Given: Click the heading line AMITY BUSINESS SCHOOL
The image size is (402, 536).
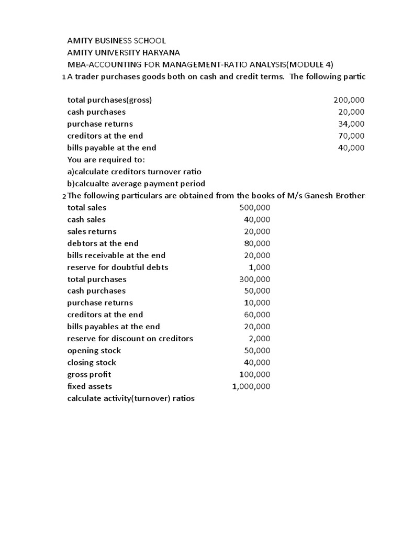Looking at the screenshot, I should click(117, 40).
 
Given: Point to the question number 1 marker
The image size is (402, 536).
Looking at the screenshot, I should click(63, 77).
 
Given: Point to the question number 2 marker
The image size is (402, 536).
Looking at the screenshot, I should click(63, 196).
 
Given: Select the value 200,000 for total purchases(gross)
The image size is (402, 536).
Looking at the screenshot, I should click(349, 100).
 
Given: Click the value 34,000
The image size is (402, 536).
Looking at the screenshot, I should click(351, 124).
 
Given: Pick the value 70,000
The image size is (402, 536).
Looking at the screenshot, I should click(351, 136).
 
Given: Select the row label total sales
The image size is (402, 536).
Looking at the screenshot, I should click(87, 208).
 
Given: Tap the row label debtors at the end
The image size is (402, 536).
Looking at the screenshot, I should click(103, 243).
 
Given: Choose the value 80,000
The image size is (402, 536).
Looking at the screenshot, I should click(257, 243).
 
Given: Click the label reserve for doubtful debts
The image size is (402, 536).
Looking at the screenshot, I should click(118, 267).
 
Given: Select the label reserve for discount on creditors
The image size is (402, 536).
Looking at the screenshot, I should click(130, 339).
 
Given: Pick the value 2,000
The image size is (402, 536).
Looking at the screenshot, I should click(260, 339).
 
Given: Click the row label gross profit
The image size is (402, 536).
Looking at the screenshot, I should click(90, 375).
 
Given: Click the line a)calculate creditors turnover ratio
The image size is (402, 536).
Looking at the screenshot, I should click(135, 172).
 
